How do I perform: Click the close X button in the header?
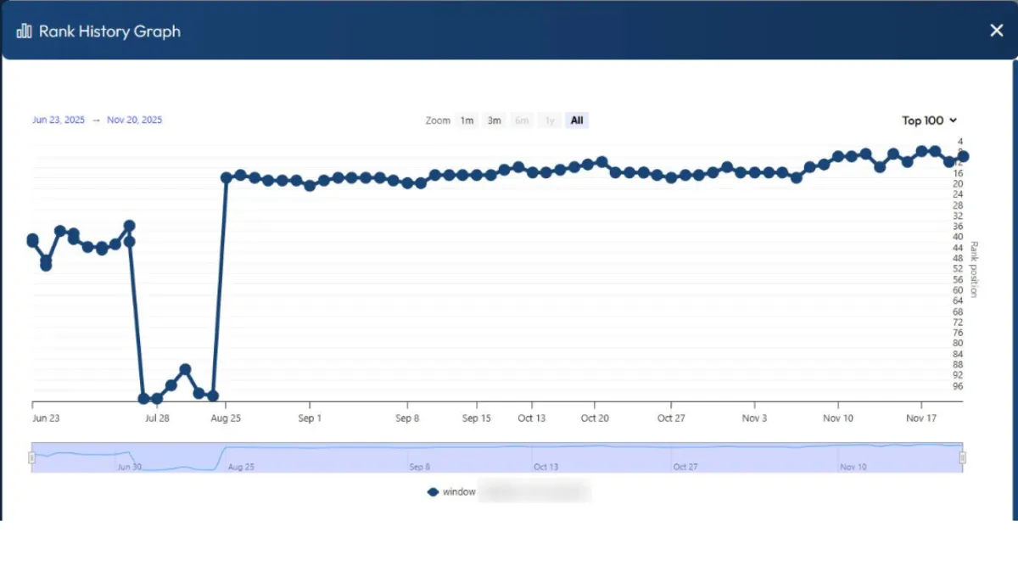coord(996,31)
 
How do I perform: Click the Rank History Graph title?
coord(109,31)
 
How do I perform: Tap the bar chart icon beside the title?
coord(24,31)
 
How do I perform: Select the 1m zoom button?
coord(467,121)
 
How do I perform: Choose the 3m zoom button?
coord(494,121)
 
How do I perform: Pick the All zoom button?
coord(577,121)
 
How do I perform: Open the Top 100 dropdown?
coord(929,121)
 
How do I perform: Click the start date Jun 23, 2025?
coord(59,121)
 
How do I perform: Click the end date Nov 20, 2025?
coord(134,121)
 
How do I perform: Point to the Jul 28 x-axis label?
coord(157,418)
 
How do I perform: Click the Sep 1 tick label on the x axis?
coord(310,418)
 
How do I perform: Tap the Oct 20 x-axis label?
coord(595,418)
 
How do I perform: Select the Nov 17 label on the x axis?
coord(920,418)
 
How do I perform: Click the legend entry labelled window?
coord(459,492)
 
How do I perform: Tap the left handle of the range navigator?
coord(31,458)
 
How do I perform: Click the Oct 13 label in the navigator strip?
coord(546,467)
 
